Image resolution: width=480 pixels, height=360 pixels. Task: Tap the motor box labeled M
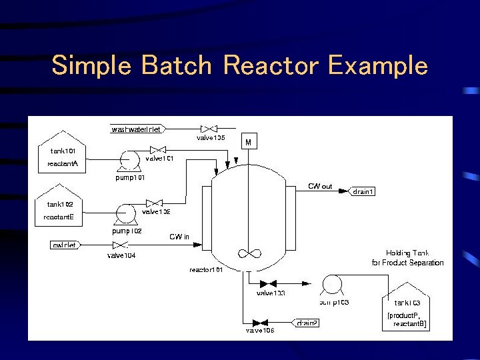coord(248,142)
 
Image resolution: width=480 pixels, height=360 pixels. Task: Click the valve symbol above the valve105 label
coord(209,129)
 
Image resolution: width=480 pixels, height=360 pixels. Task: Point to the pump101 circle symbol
coord(128,160)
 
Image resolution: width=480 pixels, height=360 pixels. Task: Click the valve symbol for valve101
coord(158,150)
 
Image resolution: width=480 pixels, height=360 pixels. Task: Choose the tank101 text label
coord(63,151)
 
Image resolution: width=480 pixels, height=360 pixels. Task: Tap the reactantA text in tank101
coord(63,163)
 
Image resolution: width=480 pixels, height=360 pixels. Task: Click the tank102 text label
coord(60,205)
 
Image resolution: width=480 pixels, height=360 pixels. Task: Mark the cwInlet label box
coord(65,245)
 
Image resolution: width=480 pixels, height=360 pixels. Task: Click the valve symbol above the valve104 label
coord(121,245)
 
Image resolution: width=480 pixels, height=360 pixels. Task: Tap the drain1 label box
coord(363,192)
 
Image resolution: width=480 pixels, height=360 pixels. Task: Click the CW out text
coord(319,186)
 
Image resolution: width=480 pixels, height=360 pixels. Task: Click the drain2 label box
coord(307,323)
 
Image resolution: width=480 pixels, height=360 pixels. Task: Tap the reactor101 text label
coord(206,269)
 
